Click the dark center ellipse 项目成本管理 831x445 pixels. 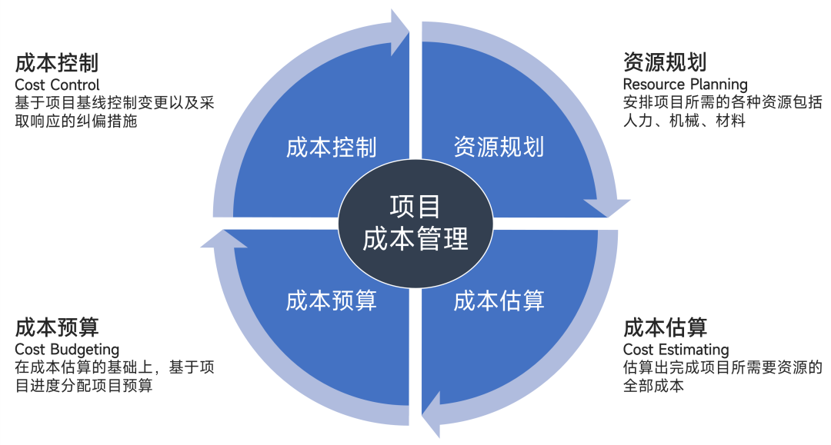point(415,223)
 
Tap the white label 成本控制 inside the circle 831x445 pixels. point(332,148)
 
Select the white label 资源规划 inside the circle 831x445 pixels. point(499,147)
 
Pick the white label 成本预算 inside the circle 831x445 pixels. point(332,301)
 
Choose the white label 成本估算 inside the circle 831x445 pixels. point(499,301)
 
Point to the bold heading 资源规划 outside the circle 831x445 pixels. point(665,62)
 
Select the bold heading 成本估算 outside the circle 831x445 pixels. point(665,327)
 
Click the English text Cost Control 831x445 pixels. point(58,85)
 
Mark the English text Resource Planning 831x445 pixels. point(685,85)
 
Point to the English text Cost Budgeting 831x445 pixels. point(67,350)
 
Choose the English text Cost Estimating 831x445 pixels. point(676,350)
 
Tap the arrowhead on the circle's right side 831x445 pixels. point(607,208)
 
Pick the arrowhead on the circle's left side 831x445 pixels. point(223,239)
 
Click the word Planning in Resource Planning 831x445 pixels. point(717,85)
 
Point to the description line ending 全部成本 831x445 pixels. point(653,386)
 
